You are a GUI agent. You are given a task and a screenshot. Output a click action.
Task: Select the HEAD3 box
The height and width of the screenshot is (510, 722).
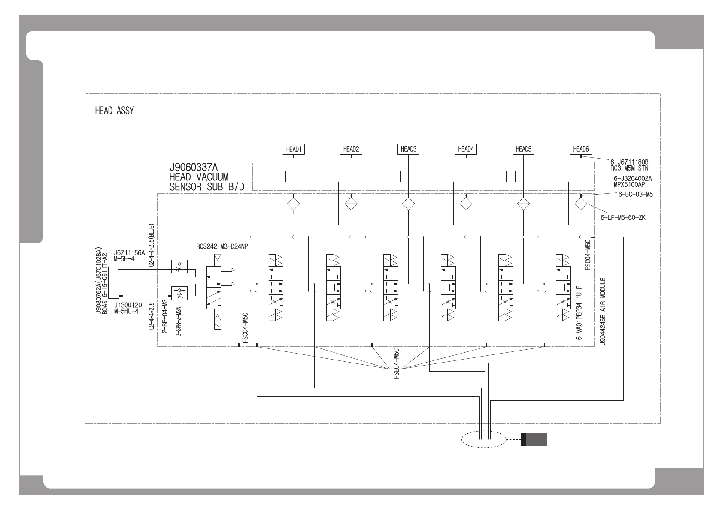click(408, 149)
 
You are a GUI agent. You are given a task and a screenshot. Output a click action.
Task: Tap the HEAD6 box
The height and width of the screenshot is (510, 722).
click(580, 149)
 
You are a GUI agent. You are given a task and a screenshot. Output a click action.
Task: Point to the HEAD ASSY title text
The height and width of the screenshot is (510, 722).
click(114, 111)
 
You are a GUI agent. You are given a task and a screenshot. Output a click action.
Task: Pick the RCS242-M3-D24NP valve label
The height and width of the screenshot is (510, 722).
click(222, 246)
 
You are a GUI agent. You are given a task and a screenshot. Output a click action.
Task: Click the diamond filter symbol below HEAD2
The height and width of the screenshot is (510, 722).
click(351, 204)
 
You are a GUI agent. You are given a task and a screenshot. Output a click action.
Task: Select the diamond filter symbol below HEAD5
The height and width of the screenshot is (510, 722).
click(523, 204)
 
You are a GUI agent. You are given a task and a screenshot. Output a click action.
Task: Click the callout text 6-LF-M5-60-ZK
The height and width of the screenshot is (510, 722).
click(623, 218)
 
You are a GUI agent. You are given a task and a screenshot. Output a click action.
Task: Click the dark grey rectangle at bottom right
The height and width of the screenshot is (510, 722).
click(534, 440)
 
